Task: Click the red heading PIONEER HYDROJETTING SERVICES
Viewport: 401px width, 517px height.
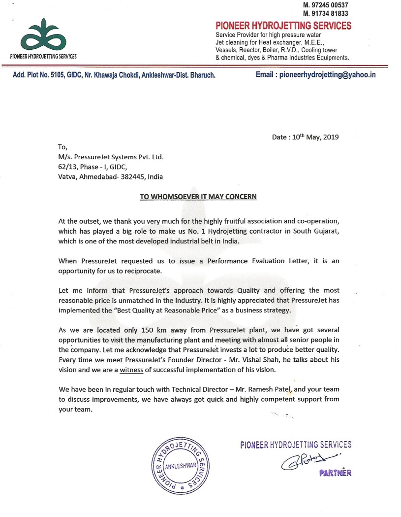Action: click(x=283, y=26)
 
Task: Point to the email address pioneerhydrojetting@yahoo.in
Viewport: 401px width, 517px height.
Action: click(x=327, y=75)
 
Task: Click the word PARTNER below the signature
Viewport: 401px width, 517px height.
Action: click(x=336, y=473)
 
